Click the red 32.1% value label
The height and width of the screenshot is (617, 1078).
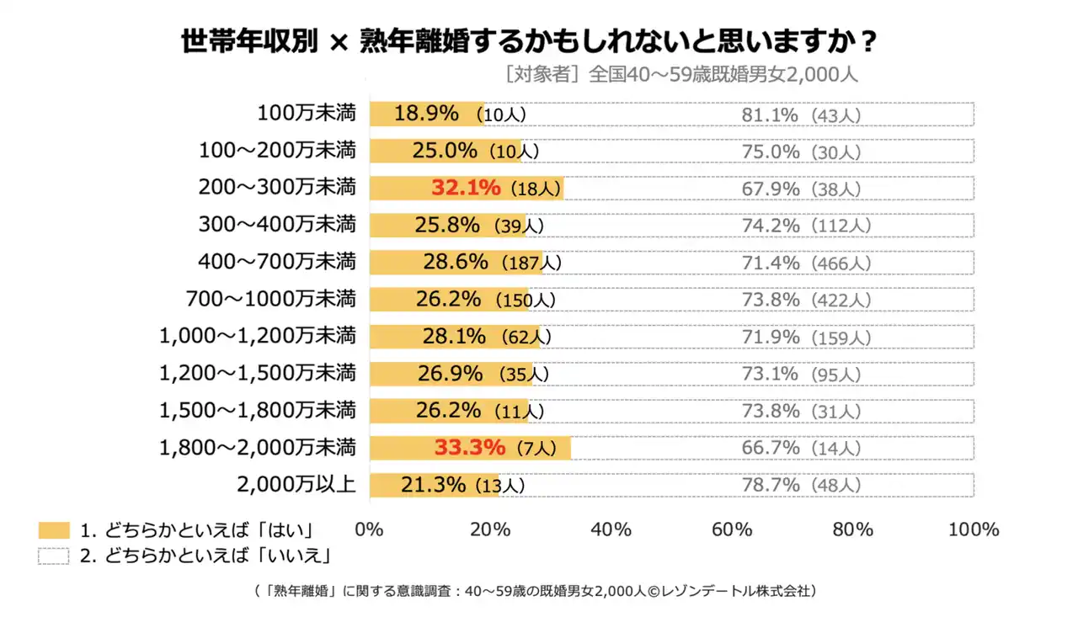click(466, 188)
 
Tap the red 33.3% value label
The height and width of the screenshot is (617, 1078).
click(469, 447)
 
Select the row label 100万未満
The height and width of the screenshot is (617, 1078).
click(307, 114)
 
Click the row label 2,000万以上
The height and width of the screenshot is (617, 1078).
click(296, 484)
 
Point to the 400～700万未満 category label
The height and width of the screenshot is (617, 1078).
click(277, 262)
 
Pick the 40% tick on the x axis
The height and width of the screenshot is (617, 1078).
click(611, 529)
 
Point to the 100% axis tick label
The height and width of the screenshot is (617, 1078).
click(974, 529)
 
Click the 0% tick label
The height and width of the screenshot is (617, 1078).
click(370, 529)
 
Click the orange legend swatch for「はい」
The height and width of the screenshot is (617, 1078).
click(54, 530)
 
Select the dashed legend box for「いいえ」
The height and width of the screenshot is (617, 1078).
click(54, 556)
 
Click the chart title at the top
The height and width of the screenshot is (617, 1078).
click(530, 41)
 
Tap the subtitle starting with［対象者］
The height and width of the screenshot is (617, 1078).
click(680, 74)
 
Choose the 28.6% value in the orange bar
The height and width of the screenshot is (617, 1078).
click(455, 262)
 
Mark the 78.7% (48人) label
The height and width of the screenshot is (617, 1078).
click(800, 486)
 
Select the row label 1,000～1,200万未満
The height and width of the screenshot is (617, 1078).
click(258, 336)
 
